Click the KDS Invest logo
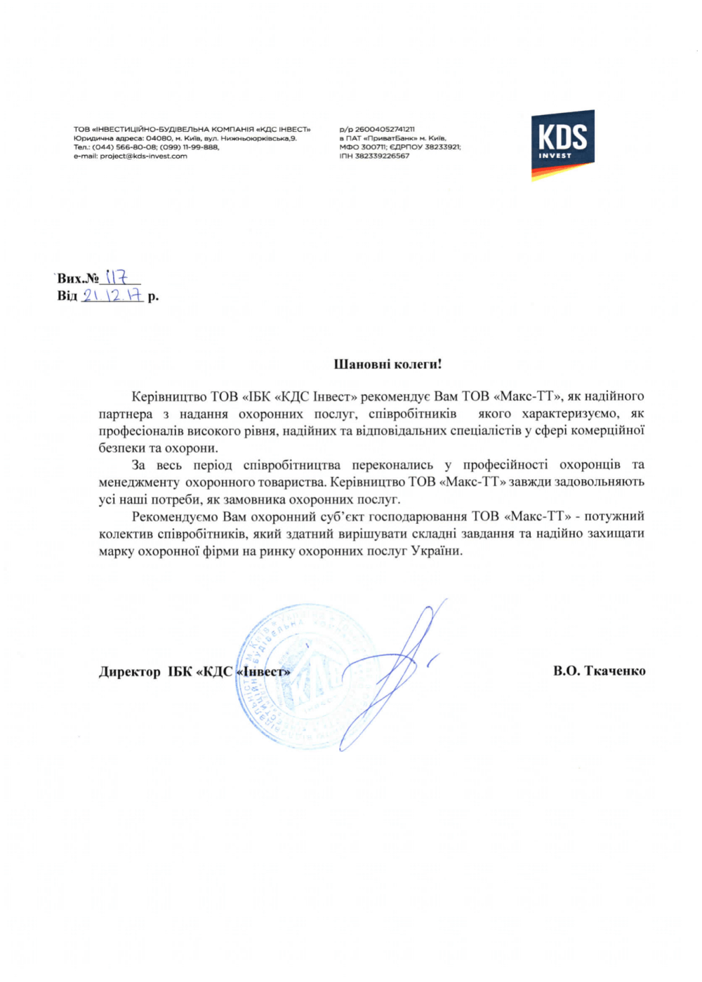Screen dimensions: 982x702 coord(562,144)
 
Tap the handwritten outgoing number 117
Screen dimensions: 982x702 coord(117,278)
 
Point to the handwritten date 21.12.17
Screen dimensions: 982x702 coord(112,295)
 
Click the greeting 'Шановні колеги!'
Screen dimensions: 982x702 coord(388,365)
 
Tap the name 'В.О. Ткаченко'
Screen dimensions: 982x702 coord(599,671)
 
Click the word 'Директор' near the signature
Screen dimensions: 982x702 coord(130,672)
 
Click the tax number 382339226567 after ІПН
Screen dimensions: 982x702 coord(383,156)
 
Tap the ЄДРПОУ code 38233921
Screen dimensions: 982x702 coord(443,147)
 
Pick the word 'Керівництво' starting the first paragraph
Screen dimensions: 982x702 coord(169,397)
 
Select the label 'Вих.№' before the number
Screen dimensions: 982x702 coord(78,278)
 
